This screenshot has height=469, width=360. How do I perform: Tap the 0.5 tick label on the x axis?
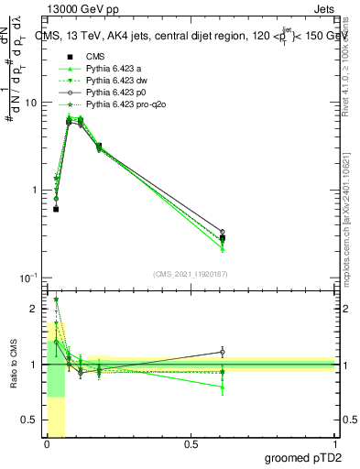click(191, 444)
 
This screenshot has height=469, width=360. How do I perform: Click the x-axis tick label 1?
click(334, 444)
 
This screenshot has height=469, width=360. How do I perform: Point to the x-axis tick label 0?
click(47, 444)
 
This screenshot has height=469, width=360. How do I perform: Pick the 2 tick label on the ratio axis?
click(35, 309)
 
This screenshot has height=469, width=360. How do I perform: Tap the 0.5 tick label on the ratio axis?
click(30, 420)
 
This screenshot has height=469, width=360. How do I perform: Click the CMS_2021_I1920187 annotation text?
click(191, 273)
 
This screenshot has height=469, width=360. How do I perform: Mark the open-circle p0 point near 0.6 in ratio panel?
click(223, 352)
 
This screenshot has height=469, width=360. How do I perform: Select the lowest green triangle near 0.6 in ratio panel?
click(223, 387)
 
